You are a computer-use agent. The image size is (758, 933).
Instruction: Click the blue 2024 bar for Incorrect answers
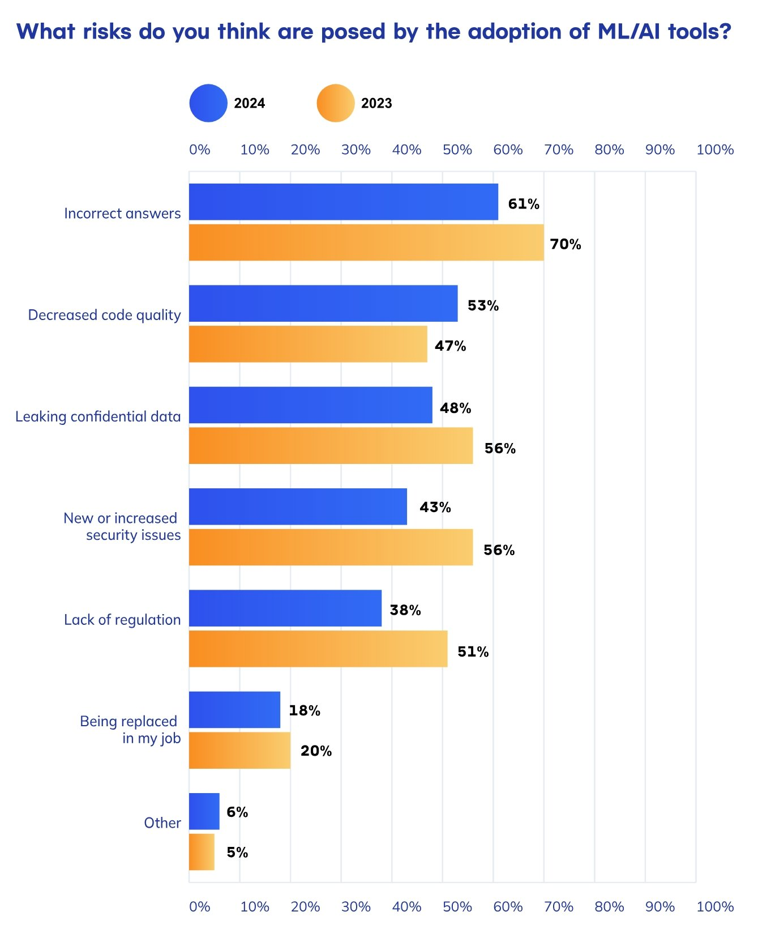click(344, 202)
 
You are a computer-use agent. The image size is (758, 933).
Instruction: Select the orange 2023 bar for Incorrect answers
click(366, 242)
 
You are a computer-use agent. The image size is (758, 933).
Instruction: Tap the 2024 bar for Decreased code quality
click(323, 303)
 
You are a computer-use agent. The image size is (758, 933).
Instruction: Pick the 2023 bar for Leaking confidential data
click(331, 446)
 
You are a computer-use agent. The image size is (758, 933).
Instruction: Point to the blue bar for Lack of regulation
click(285, 608)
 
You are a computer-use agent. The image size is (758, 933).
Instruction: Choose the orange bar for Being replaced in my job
click(239, 751)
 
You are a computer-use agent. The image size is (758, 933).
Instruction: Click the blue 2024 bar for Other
click(204, 811)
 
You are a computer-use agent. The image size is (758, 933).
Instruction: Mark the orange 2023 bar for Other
click(202, 852)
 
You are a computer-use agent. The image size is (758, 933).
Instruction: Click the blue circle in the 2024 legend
click(208, 103)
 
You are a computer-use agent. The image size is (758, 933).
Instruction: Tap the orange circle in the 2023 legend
click(336, 103)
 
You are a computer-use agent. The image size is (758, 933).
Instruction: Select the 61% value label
click(524, 204)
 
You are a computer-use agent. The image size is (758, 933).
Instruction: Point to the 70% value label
click(566, 244)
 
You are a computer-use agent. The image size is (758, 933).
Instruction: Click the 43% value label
click(435, 507)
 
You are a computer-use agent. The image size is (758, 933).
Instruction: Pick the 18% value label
click(305, 710)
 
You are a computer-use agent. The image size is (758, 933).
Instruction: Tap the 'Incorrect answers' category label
click(122, 214)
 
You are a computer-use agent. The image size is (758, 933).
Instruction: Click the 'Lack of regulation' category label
click(122, 620)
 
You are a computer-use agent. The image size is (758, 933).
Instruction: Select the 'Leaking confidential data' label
click(98, 417)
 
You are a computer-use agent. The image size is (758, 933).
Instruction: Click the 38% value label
click(405, 610)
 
